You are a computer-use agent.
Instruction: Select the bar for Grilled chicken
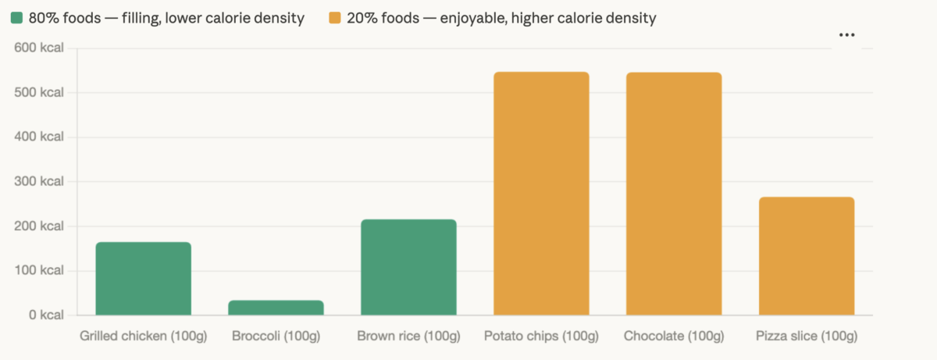pyautogui.click(x=143, y=279)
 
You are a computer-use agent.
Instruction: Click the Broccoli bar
pyautogui.click(x=276, y=308)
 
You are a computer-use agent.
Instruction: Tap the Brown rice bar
pyautogui.click(x=408, y=267)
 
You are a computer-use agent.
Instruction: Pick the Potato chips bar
pyautogui.click(x=541, y=194)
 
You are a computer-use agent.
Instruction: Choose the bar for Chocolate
pyautogui.click(x=674, y=194)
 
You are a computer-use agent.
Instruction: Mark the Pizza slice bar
pyautogui.click(x=807, y=256)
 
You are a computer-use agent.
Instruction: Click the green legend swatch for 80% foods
pyautogui.click(x=16, y=17)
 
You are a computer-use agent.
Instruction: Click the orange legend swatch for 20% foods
pyautogui.click(x=335, y=17)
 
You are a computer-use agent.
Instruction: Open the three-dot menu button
pyautogui.click(x=846, y=35)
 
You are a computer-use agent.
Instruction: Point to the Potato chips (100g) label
pyautogui.click(x=541, y=337)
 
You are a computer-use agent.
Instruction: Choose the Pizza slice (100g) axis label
pyautogui.click(x=807, y=337)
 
